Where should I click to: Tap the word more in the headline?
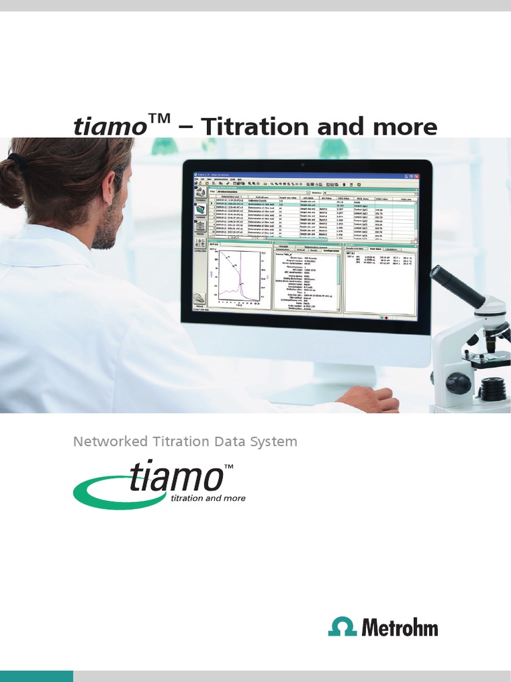tap(407, 126)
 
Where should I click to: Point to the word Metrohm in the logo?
tap(400, 627)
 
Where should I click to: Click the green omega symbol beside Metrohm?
tap(343, 627)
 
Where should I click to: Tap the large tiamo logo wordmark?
tap(176, 478)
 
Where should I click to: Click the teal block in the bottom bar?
tap(37, 676)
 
